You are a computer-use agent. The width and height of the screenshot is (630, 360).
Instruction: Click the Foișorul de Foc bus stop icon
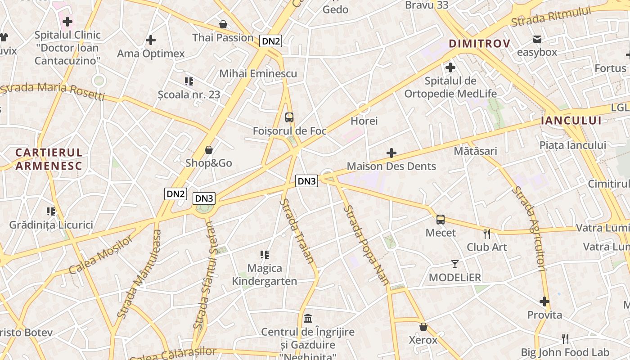coord(289,117)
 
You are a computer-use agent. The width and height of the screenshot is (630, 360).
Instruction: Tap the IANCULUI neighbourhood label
coord(571,120)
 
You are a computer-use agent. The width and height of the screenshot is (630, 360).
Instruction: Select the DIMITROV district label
coord(479,44)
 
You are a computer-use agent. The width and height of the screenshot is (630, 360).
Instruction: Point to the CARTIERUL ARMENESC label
coord(49,159)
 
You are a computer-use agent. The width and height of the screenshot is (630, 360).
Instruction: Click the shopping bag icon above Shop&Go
coord(209,150)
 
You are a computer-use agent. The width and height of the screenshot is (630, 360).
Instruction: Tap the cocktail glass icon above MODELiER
coord(455,264)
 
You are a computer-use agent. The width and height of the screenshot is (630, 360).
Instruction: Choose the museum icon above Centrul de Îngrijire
coord(308,319)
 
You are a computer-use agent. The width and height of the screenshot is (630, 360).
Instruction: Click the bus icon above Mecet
coord(441,220)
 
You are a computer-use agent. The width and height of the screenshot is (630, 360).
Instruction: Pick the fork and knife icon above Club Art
coord(486,234)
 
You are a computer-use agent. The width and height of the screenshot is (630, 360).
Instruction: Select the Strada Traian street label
coord(297,231)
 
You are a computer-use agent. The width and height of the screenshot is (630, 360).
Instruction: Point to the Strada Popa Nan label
coord(366,245)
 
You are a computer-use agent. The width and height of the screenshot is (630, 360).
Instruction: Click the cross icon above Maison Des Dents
coord(391,153)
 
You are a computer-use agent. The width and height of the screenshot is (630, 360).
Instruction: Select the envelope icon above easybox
coord(537,39)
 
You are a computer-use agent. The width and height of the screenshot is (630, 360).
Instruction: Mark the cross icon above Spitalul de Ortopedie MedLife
coord(450,68)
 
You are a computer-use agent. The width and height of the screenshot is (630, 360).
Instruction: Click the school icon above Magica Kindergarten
coord(265,255)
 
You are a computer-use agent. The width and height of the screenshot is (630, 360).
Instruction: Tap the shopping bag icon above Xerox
coord(423,327)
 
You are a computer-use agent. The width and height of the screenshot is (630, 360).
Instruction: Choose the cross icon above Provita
coord(544,301)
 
